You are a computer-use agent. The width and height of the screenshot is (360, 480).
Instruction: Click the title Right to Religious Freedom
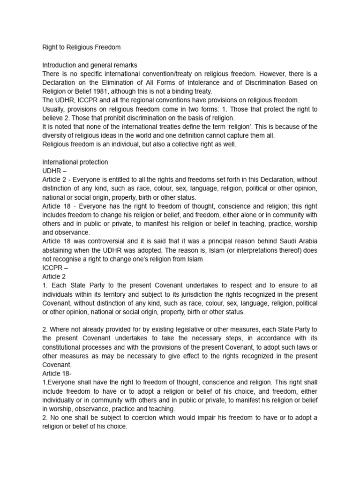pos(80,47)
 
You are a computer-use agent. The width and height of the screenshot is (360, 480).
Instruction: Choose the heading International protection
pos(75,162)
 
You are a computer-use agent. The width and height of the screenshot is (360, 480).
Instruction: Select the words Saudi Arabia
pos(298,242)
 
